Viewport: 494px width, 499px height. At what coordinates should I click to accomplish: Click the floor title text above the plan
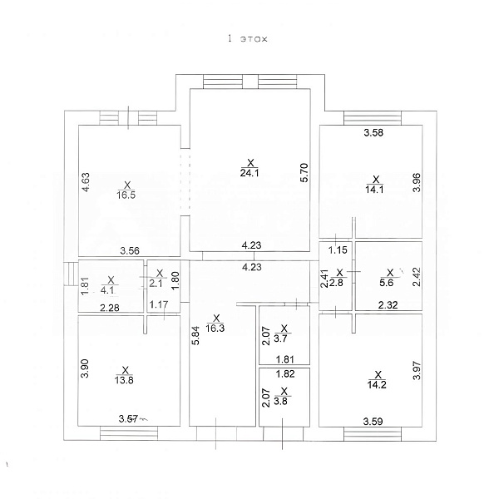(248, 39)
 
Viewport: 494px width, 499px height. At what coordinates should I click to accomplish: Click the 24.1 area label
(249, 173)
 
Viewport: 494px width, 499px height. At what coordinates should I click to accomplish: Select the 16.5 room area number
(126, 195)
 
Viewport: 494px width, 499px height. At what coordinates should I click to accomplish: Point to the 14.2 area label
(377, 384)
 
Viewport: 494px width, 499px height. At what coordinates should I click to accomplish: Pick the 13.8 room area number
(124, 380)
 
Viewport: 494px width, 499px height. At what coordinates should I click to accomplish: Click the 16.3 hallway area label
(215, 328)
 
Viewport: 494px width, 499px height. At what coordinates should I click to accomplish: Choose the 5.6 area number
(387, 283)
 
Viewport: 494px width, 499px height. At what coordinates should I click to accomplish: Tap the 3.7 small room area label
(280, 338)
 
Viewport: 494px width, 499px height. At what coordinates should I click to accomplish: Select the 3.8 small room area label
(280, 401)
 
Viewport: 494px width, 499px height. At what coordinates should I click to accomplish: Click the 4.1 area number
(108, 290)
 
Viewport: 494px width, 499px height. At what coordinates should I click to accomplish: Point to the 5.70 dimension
(304, 172)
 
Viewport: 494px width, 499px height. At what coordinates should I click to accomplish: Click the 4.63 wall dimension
(86, 182)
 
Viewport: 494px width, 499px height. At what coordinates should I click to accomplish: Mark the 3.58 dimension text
(373, 132)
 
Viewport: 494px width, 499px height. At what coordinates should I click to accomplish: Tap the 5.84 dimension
(195, 335)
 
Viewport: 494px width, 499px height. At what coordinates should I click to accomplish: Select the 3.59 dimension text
(373, 422)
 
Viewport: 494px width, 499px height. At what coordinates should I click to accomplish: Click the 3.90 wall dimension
(85, 368)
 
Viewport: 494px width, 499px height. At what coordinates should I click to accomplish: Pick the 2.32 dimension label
(388, 305)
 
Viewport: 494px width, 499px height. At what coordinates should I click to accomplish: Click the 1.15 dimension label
(338, 249)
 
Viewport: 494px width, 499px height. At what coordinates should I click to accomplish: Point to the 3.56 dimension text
(130, 251)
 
